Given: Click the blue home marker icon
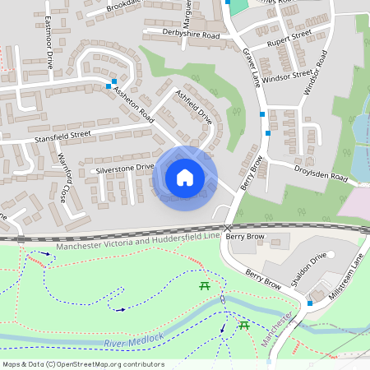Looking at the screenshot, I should (185, 178).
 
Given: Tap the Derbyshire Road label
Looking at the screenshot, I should (182, 36).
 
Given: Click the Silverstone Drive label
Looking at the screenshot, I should (125, 168).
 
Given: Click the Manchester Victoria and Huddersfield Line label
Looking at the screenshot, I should (137, 241).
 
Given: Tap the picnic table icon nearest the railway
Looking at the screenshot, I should (204, 285).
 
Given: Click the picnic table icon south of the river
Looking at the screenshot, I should (244, 326).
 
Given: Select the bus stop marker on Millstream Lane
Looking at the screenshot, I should (309, 303).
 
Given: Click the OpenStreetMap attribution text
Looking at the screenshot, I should (82, 364).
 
